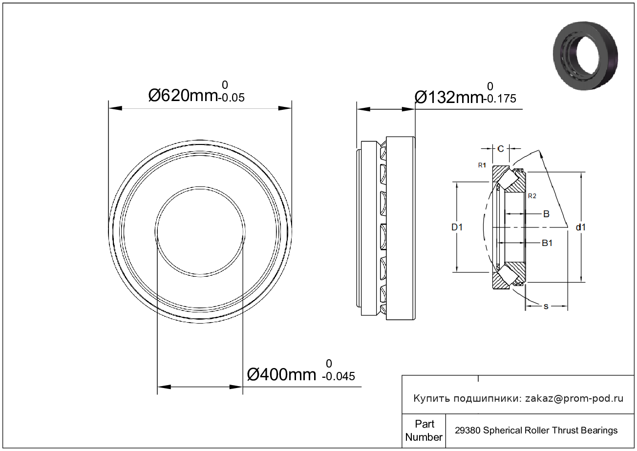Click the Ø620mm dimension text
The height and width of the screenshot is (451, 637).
[183, 96]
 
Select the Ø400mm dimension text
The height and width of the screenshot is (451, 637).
[281, 374]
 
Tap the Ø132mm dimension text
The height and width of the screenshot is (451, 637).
[449, 97]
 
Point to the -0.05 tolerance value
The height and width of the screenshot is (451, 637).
[231, 98]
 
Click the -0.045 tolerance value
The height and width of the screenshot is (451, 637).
[339, 376]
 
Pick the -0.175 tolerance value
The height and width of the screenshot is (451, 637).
[500, 99]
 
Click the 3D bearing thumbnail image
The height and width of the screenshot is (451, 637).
[586, 56]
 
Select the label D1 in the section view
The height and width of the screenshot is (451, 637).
[457, 227]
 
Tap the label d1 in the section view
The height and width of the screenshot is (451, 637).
[581, 227]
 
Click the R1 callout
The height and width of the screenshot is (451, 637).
[482, 165]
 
